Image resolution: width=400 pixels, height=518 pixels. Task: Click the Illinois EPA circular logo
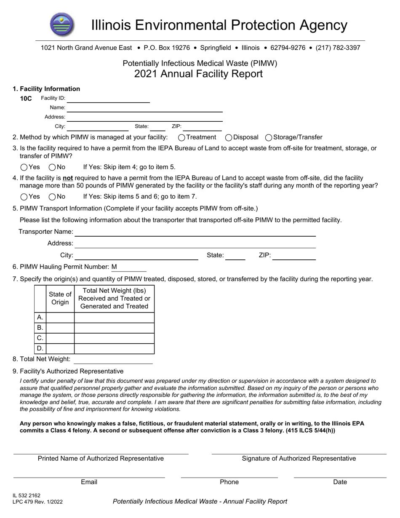tap(63, 24)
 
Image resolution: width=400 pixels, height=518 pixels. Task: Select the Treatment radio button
tap(181, 137)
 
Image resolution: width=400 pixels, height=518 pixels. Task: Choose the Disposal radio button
tap(229, 137)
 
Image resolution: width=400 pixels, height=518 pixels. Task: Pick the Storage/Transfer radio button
tap(269, 137)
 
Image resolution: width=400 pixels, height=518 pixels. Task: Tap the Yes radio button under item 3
tap(24, 167)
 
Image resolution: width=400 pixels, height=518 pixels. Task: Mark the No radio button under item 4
tap(53, 197)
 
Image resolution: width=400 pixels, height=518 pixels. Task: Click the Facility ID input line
tap(108, 99)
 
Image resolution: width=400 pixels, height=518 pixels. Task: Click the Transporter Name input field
tap(195, 232)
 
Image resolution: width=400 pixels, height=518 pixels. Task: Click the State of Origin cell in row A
tap(60, 318)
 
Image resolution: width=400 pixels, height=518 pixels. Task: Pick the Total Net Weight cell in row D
tap(114, 349)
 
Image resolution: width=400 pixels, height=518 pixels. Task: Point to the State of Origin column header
tap(60, 299)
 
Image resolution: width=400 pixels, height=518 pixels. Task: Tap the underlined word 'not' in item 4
tap(68, 178)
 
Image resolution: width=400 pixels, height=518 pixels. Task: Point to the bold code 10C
tap(26, 99)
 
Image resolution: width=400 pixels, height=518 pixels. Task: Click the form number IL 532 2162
tap(27, 496)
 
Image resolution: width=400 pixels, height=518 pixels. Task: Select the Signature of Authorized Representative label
tap(299, 459)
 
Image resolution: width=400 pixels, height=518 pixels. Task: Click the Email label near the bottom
tap(89, 482)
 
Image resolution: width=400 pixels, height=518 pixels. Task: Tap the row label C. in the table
tap(40, 338)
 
